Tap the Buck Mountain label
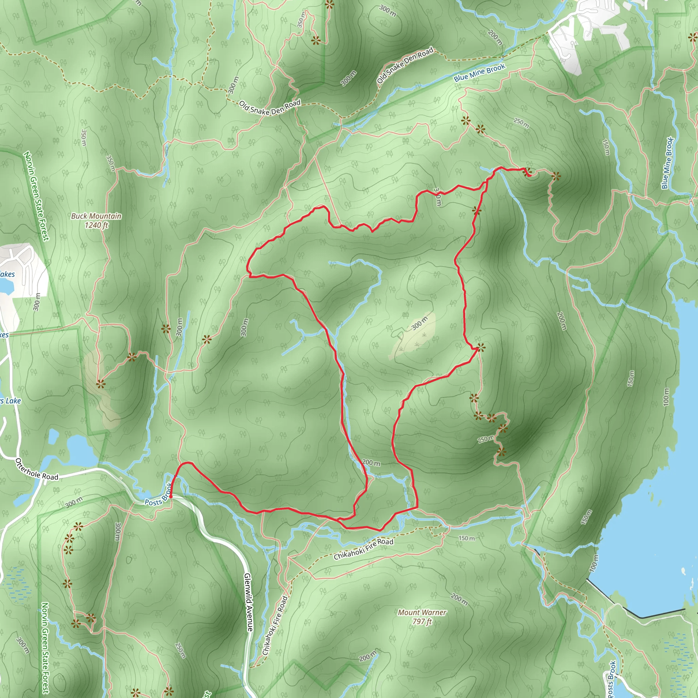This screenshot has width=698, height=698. [96, 216]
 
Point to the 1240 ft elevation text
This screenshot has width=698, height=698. [96, 225]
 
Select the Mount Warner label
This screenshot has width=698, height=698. [422, 612]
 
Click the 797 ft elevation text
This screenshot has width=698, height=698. [422, 621]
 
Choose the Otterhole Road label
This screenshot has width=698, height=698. [37, 470]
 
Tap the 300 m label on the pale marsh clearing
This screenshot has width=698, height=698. [420, 323]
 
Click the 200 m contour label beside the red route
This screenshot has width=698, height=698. [371, 463]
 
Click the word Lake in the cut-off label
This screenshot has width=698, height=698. [13, 401]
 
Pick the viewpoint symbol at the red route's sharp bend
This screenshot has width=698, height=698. [481, 348]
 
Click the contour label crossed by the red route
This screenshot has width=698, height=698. [437, 197]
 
